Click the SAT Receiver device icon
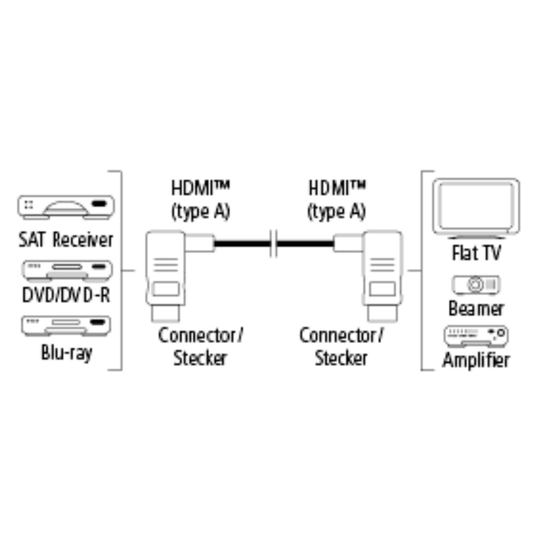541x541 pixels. point(66,207)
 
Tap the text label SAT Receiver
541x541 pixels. point(65,239)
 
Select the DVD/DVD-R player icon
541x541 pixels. point(67,270)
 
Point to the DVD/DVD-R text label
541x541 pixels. point(66,295)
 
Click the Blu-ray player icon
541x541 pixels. point(66,325)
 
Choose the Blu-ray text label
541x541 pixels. point(67,352)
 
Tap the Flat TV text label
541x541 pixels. point(476,253)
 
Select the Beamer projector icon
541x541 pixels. point(476,285)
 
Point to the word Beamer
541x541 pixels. point(476,308)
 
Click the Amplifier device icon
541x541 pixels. point(476,336)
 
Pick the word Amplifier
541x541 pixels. point(476,360)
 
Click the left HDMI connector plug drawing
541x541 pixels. point(165,276)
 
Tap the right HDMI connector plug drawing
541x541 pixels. point(383,276)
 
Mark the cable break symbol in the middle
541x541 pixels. point(274,243)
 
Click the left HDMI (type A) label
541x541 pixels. point(200,200)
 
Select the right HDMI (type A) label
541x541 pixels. point(337,200)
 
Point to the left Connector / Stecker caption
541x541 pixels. point(200,346)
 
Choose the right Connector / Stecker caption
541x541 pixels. point(341,346)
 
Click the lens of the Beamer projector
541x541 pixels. point(475,285)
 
